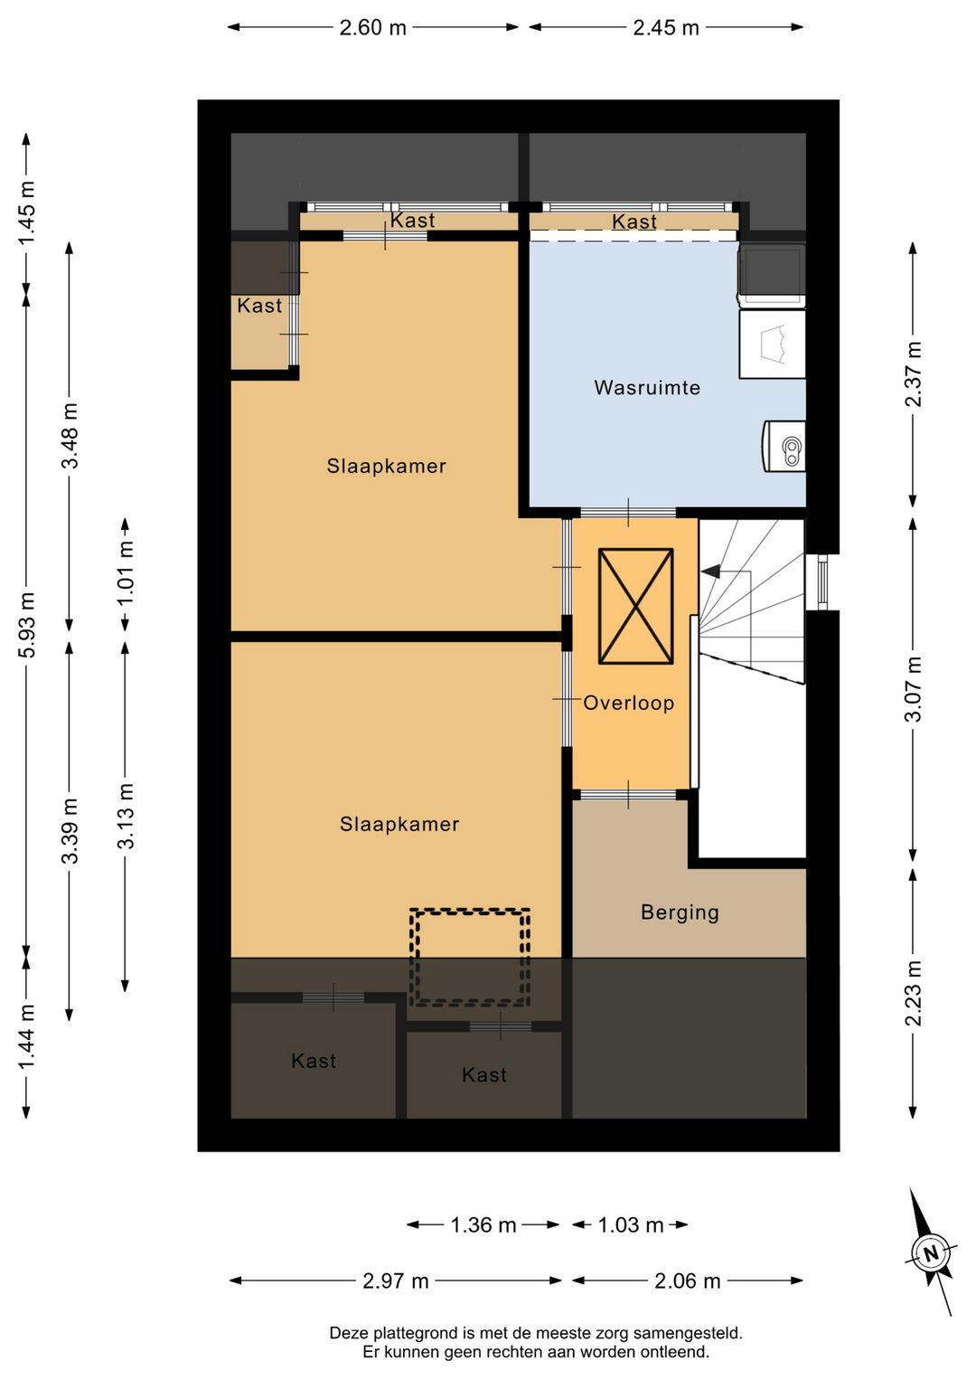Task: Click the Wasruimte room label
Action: tap(646, 388)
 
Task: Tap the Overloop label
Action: tap(629, 703)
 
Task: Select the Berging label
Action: tap(680, 912)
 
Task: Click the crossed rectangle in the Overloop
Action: tap(636, 606)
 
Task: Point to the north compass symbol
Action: tap(931, 1254)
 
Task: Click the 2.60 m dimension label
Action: tap(373, 28)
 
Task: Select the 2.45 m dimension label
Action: tap(666, 28)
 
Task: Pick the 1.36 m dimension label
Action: tap(483, 1225)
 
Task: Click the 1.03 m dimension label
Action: tap(631, 1225)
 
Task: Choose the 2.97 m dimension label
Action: tap(395, 1281)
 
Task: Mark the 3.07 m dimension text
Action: tap(913, 688)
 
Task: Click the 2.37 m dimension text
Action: tap(913, 374)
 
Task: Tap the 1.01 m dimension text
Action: tap(126, 573)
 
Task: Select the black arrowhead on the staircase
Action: tap(710, 572)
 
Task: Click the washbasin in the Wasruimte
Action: tap(784, 447)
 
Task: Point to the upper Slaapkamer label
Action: tap(386, 467)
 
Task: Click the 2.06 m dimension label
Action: tap(687, 1281)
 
